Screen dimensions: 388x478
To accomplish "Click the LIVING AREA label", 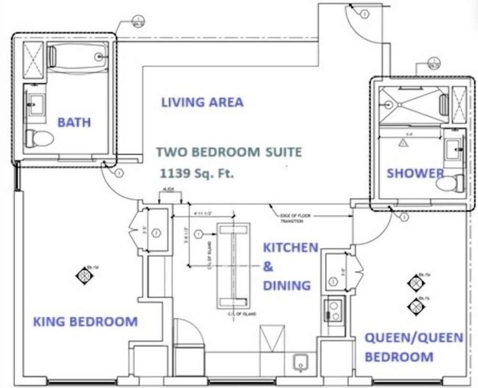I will tap(202, 102).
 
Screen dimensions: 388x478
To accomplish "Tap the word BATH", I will tap(74, 122).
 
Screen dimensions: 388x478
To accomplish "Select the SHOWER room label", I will tap(415, 173).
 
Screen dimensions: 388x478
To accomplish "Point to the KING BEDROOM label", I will tap(85, 321).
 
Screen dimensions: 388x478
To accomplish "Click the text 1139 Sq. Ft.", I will tap(198, 173).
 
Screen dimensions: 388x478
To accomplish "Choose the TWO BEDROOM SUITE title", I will tap(229, 152).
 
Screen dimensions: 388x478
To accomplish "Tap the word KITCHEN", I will tap(291, 247).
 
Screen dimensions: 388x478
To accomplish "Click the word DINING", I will tap(287, 286).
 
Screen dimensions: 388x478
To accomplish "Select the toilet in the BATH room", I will tap(39, 138).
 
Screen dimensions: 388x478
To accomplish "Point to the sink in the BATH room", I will tap(35, 104).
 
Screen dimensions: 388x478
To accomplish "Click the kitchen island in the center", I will tap(233, 266).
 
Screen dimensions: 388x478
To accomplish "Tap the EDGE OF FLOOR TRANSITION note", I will tap(295, 218).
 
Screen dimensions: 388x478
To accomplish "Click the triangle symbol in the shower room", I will tap(402, 143).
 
